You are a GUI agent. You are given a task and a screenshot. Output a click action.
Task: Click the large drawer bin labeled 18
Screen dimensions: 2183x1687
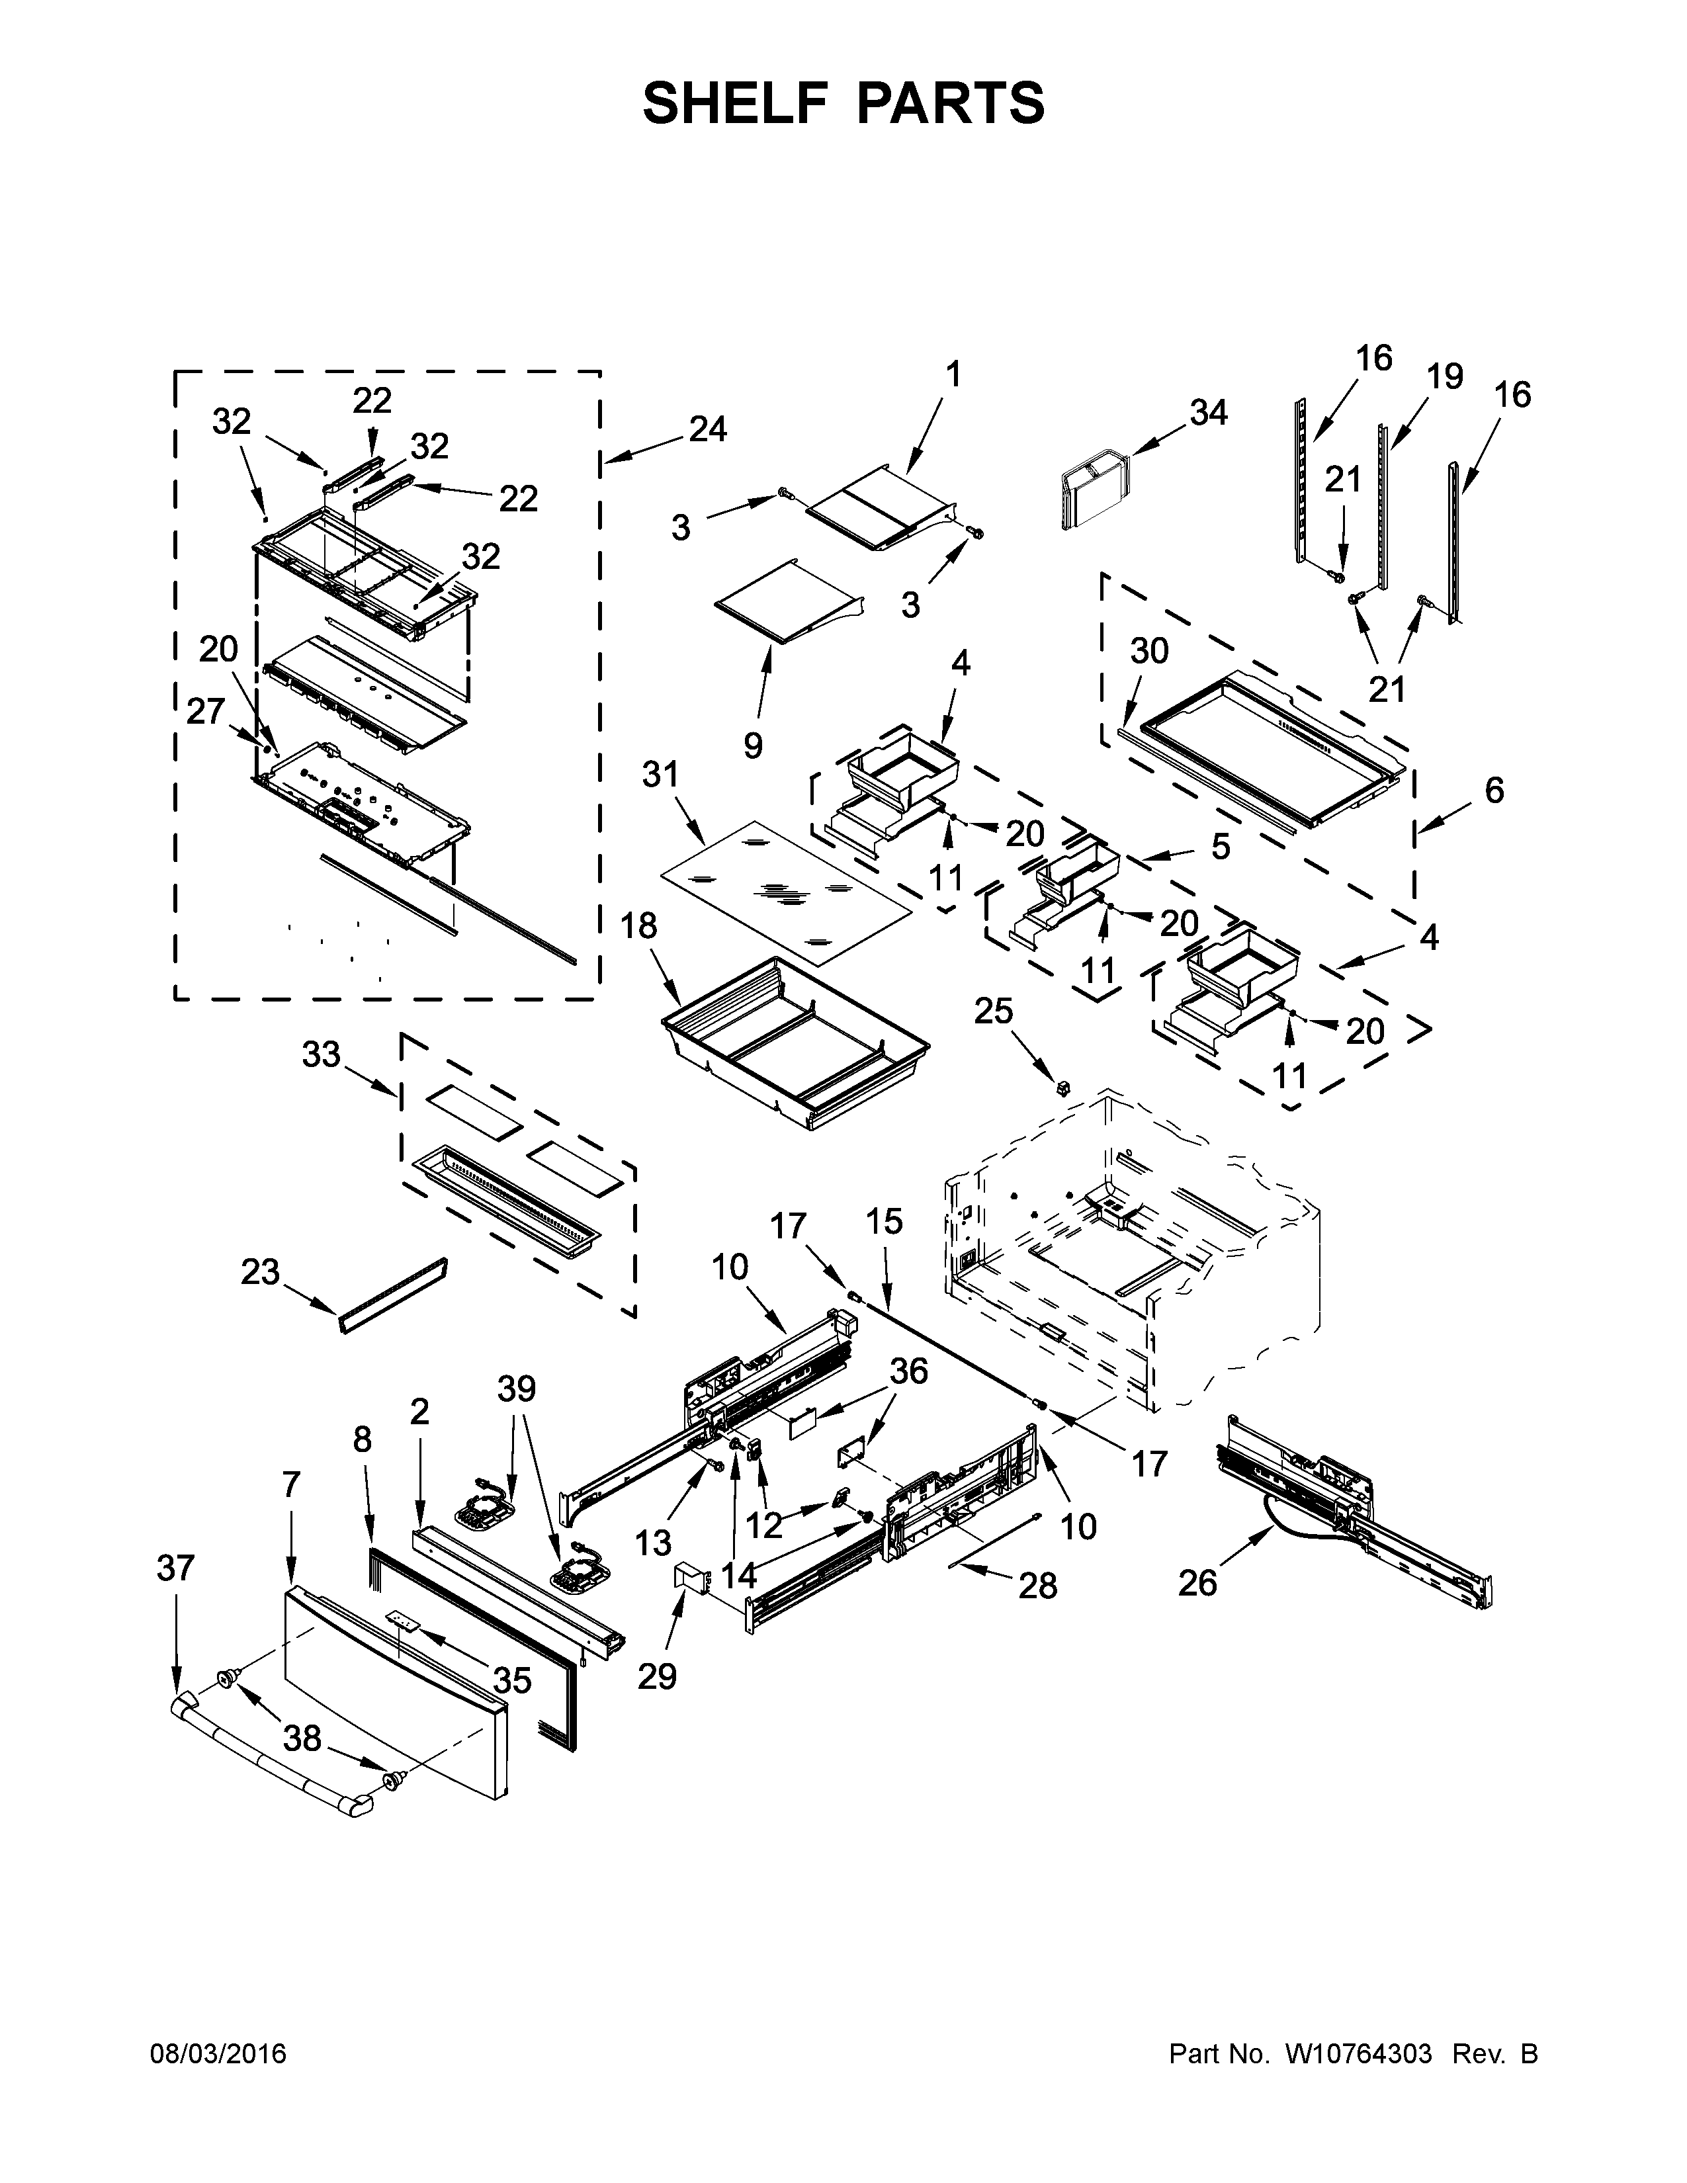[x=795, y=1045]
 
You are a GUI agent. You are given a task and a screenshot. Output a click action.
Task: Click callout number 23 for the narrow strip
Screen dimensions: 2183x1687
[x=260, y=1271]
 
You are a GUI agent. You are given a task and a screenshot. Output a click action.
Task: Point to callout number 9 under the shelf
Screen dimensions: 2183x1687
[x=753, y=745]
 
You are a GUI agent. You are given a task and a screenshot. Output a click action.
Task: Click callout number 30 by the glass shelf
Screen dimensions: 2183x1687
[x=1149, y=651]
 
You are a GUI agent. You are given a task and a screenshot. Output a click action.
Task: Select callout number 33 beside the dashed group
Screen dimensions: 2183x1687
[x=321, y=1054]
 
